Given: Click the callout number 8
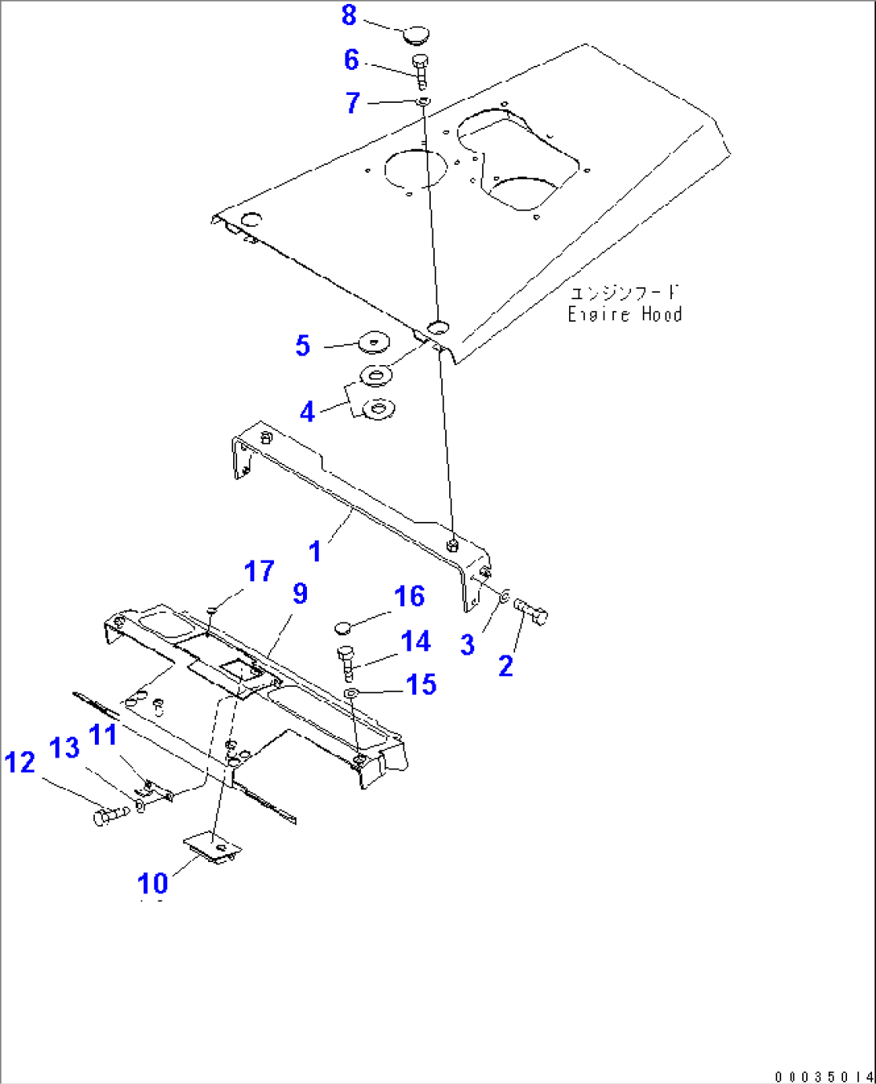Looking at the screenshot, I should tap(349, 15).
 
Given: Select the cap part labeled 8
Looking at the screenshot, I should tap(415, 34).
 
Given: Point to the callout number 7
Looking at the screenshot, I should tap(353, 103).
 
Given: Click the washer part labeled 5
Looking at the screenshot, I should tap(372, 342).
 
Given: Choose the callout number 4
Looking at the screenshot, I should tap(307, 413).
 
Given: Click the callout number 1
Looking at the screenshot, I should tap(315, 552).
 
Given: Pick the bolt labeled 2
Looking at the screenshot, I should tap(531, 612).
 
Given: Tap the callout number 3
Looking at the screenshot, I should tap(468, 644).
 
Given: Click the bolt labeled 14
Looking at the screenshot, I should tap(346, 661).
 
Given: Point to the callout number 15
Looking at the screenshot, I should tap(422, 685).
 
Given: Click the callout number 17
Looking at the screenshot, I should tap(259, 572).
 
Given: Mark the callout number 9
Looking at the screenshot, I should tap(300, 593).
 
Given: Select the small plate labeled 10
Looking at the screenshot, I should tap(212, 849).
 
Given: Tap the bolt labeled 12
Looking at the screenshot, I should tap(109, 817).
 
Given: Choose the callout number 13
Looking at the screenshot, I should tap(65, 748).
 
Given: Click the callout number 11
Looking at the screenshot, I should tap(103, 735).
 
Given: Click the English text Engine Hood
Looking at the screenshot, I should tap(624, 314).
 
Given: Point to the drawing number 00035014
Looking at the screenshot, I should tap(824, 1076).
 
